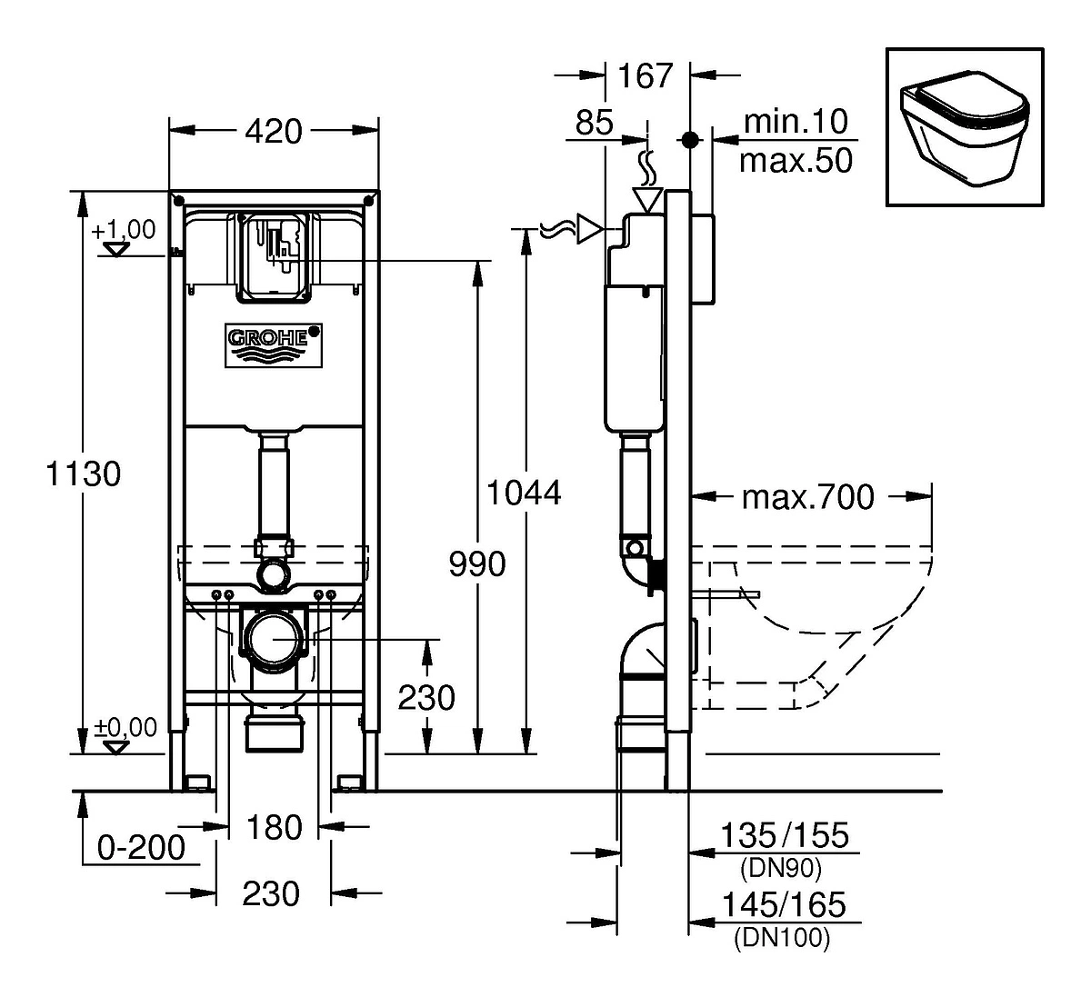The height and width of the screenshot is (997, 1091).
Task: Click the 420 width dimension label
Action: tap(273, 132)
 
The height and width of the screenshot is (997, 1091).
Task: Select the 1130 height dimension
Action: tap(84, 474)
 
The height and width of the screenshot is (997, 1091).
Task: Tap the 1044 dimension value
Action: tap(523, 494)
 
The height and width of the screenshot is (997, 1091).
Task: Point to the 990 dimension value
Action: tap(477, 564)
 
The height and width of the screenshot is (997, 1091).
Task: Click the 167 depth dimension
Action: tap(646, 75)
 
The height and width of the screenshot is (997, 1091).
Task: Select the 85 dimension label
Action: tap(594, 123)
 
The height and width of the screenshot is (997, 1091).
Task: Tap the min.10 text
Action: tap(796, 121)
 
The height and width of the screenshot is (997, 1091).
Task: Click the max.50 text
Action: tap(796, 161)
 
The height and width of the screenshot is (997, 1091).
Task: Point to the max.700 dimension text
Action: tap(808, 496)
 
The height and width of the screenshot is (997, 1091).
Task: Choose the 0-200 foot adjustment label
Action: tap(142, 847)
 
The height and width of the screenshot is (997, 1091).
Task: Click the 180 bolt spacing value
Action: tap(274, 827)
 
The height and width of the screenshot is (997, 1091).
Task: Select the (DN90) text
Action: tap(781, 869)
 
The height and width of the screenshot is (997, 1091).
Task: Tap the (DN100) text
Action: tap(782, 938)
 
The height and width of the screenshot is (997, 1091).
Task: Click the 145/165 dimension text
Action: tap(784, 905)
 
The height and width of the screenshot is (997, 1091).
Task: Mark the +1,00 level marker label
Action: tap(124, 230)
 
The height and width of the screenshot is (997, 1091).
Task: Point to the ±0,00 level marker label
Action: tap(125, 727)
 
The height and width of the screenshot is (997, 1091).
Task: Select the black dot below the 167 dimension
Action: tap(690, 140)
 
